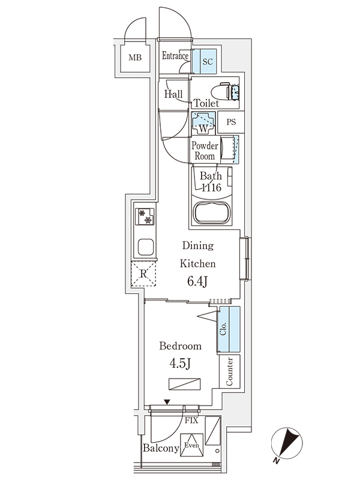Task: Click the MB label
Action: [x=135, y=58]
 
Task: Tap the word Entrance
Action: [x=175, y=57]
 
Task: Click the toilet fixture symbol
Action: [x=228, y=91]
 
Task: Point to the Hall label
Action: [x=173, y=94]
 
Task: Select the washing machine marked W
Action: [x=203, y=124]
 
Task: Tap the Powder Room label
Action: [x=204, y=151]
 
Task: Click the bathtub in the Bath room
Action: [x=211, y=213]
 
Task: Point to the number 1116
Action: [x=211, y=188]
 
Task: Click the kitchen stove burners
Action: [x=145, y=217]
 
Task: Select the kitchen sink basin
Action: [x=145, y=247]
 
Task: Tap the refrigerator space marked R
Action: [x=143, y=275]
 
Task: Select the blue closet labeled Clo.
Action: [x=229, y=329]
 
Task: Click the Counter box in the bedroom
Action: [x=230, y=371]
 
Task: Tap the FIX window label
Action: [x=191, y=421]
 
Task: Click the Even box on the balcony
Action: [x=191, y=445]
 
